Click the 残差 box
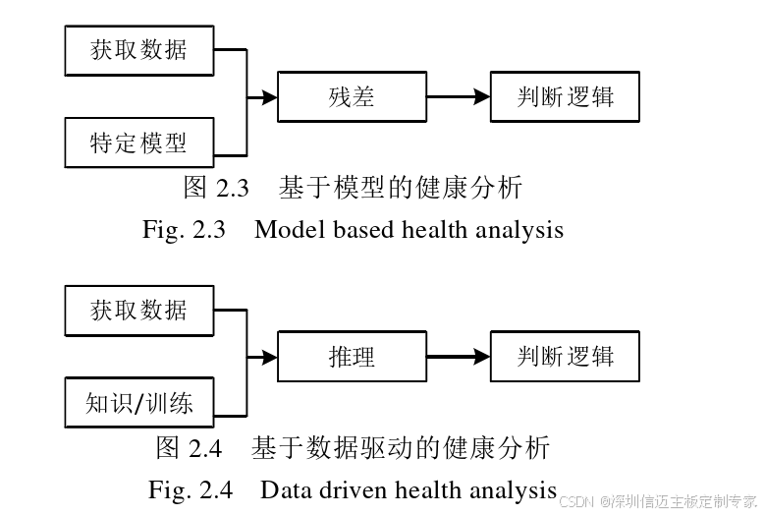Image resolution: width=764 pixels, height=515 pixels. [353, 97]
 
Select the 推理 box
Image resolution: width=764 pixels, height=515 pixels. [353, 357]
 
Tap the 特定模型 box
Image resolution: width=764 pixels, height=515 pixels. [138, 143]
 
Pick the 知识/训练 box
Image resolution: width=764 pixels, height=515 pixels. [138, 403]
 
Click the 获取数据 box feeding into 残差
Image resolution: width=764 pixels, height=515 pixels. [138, 49]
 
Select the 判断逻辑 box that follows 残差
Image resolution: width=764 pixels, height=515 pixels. [566, 97]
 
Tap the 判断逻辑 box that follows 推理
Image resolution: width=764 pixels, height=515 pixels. [566, 357]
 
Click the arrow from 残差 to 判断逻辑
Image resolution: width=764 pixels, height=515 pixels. [458, 97]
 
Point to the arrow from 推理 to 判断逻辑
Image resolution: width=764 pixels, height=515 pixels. [458, 357]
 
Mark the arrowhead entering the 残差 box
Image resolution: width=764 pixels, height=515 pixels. [270, 97]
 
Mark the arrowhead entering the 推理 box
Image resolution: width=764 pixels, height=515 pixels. [270, 357]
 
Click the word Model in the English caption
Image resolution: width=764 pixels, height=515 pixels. [285, 230]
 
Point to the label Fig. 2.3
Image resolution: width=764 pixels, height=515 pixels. [184, 230]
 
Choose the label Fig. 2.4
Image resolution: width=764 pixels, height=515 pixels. [191, 489]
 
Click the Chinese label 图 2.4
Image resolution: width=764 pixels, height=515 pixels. [190, 448]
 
